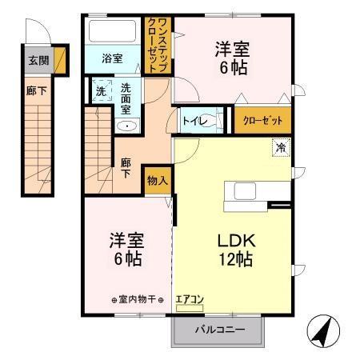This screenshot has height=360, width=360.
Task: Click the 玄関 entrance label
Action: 38,61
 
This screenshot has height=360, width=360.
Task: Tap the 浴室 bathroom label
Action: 113,58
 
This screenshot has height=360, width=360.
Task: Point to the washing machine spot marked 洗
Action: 101,91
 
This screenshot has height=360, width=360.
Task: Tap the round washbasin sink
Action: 128,125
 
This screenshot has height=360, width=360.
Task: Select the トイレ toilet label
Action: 196,121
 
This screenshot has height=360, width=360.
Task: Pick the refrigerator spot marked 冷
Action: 281,146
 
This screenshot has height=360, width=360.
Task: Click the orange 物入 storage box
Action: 157,181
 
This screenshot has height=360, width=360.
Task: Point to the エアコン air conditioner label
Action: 190,299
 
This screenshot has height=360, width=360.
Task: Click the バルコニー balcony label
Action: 217,330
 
